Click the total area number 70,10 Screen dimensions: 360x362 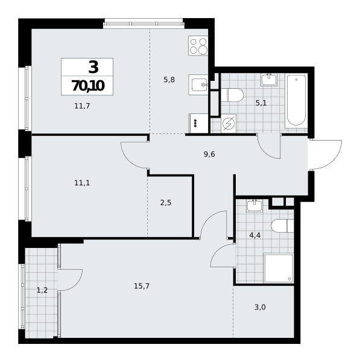tap(88, 86)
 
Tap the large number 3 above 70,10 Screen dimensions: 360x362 tap(93, 67)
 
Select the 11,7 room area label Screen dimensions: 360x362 tap(82, 106)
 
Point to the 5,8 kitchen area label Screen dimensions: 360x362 tap(169, 80)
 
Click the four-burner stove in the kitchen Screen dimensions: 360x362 tap(198, 45)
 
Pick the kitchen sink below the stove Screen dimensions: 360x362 tap(198, 84)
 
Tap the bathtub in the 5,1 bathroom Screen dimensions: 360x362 tap(296, 101)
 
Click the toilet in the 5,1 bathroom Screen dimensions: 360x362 tap(232, 95)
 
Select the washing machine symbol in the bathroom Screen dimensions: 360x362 tap(229, 124)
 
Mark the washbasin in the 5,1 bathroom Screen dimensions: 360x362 tap(269, 80)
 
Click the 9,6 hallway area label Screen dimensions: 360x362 tap(209, 154)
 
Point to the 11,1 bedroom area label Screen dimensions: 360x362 tap(82, 183)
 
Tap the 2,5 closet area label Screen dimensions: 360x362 tap(166, 203)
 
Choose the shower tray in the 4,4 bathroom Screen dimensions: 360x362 tap(279, 268)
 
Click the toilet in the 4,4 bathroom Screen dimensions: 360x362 tap(282, 226)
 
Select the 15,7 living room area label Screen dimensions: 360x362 tap(142, 286)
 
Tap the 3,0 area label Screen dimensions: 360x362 tap(260, 308)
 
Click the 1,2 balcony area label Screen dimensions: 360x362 tap(42, 290)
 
